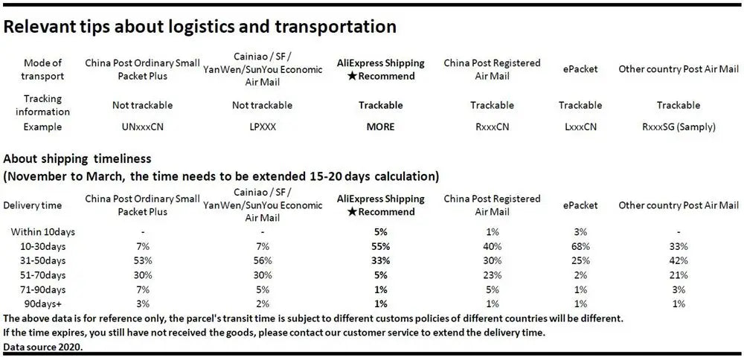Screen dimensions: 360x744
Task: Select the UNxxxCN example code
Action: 142,126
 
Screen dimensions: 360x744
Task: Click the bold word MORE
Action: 380,126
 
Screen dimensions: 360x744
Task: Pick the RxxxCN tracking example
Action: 492,126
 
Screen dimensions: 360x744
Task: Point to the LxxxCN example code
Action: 580,126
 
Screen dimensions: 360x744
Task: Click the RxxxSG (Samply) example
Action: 679,126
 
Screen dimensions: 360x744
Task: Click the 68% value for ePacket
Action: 580,246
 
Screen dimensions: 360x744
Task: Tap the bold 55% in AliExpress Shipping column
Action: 380,246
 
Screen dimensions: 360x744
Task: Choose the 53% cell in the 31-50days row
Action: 142,260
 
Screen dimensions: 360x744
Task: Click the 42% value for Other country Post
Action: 679,260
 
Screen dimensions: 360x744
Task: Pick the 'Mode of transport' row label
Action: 43,69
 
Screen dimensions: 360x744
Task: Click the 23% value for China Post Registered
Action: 492,274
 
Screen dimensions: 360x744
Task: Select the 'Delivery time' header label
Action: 33,205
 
